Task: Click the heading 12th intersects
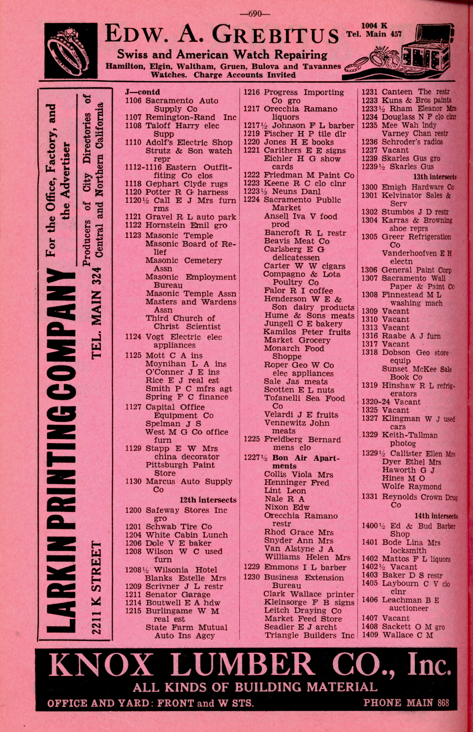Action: click(208, 500)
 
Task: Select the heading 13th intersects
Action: click(435, 177)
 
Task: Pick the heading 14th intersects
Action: click(436, 516)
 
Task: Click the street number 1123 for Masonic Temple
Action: click(133, 235)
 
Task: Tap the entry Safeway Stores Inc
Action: click(186, 510)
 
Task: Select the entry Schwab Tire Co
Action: click(179, 526)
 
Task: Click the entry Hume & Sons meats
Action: click(309, 316)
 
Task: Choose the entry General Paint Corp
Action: click(416, 270)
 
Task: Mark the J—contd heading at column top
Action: click(142, 92)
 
